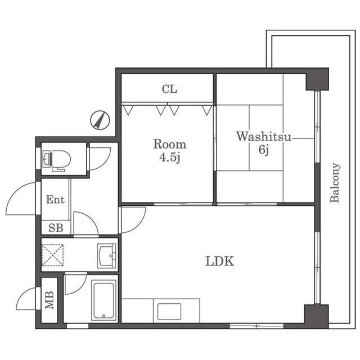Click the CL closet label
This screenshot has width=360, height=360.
tap(169, 89)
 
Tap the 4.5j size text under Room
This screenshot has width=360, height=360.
tap(170, 157)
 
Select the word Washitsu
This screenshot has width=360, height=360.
tap(264, 137)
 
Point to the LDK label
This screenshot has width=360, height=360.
tap(220, 261)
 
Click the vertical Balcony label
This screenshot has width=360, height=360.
tap(335, 183)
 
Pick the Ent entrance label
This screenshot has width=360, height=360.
tap(55, 200)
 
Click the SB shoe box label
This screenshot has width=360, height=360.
tap(56, 228)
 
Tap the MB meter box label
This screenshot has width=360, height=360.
tap(49, 300)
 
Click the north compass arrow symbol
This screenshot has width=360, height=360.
tap(100, 120)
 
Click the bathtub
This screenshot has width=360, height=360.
tap(103, 300)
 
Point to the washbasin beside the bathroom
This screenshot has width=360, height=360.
tap(107, 256)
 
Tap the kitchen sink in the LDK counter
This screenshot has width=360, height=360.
tap(169, 312)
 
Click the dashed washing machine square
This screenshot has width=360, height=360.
tap(52, 255)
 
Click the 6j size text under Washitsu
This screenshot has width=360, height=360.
tap(264, 150)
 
